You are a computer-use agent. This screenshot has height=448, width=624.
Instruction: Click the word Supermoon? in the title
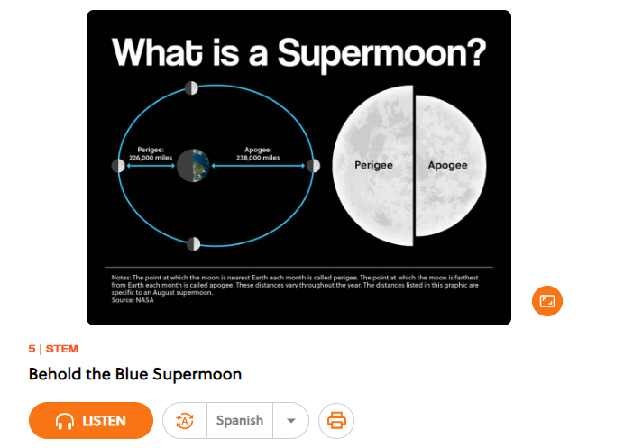(381, 54)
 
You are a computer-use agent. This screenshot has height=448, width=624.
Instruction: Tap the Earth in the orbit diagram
(193, 166)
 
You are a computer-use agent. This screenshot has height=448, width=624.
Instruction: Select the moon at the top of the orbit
(191, 88)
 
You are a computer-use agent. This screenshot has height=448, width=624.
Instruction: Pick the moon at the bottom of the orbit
(193, 244)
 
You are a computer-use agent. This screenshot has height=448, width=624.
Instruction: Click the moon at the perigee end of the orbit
(118, 166)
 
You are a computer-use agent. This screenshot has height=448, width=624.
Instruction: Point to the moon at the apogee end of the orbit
(314, 166)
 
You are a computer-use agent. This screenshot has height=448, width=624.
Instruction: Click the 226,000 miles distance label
(151, 158)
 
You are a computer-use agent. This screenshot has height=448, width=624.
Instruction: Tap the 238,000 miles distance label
(258, 158)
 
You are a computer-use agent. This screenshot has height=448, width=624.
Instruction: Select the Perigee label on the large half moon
(373, 165)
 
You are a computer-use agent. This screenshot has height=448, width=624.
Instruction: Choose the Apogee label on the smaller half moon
(447, 165)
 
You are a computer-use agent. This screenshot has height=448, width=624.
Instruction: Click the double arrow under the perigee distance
(151, 166)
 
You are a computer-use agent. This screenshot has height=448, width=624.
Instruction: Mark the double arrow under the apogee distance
(258, 166)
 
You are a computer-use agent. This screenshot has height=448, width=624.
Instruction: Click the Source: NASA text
(133, 300)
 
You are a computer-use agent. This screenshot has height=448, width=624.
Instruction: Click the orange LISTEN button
(91, 421)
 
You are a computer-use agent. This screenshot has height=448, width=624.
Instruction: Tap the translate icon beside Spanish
(185, 421)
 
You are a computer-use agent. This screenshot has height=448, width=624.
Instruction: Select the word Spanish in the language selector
(240, 421)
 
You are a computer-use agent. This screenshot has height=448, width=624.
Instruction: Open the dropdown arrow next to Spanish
(291, 421)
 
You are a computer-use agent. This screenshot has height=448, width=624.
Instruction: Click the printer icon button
(336, 421)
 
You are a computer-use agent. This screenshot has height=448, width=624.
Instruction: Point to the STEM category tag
(62, 349)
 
